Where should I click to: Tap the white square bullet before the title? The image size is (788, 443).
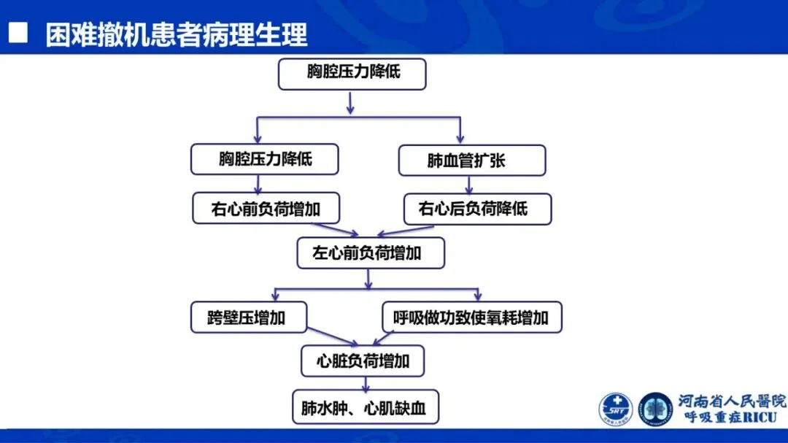pos(18,34)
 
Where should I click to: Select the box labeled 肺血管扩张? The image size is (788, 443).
pos(471,160)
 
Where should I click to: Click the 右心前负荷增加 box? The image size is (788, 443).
pos(265,209)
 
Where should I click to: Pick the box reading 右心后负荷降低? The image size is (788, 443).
pos(477,209)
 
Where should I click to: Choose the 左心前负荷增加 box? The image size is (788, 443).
pos(370,253)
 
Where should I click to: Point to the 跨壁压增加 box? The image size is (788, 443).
pos(248,317)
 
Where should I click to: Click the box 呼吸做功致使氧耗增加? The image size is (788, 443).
pos(471,317)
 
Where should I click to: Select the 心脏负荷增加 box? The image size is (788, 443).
pos(363,361)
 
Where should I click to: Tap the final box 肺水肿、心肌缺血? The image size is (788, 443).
pos(365,407)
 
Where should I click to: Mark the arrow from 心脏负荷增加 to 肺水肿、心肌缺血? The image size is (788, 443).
pos(363,383)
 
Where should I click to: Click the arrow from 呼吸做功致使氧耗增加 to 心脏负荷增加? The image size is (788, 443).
pos(387,339)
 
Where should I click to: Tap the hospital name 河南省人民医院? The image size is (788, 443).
pos(731,401)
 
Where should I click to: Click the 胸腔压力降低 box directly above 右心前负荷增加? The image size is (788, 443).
pos(265,159)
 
